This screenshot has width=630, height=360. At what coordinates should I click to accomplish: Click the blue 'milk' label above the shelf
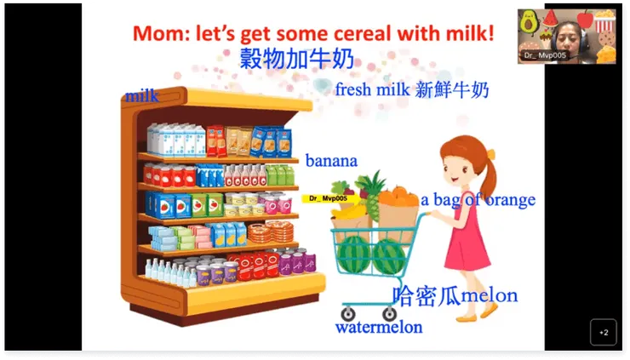[142, 95]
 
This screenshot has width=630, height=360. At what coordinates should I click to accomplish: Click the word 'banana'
[331, 160]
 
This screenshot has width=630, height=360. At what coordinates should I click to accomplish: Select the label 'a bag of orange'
[478, 200]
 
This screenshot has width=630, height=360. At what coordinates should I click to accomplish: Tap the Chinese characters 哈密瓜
[427, 295]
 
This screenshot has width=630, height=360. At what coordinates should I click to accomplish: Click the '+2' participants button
[603, 332]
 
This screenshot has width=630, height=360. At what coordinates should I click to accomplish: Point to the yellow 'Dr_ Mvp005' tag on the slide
[328, 198]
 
